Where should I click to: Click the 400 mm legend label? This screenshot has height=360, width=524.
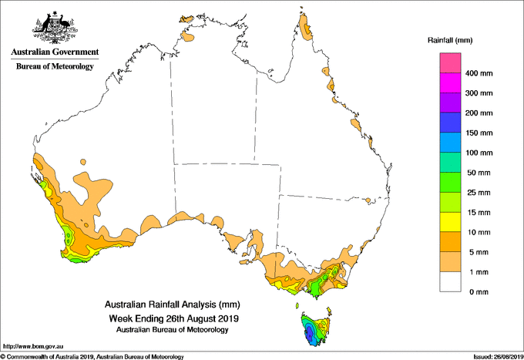tap(479, 73)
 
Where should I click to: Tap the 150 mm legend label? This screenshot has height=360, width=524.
tap(479, 133)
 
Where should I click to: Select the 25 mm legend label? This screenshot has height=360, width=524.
tap(479, 193)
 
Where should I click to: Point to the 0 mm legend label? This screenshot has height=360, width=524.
tap(479, 292)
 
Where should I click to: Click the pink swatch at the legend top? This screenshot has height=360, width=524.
tap(450, 62)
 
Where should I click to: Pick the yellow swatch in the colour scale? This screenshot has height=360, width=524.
tap(450, 222)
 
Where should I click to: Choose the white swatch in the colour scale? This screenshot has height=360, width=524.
tap(450, 282)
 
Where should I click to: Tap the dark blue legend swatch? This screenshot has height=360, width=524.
tap(450, 123)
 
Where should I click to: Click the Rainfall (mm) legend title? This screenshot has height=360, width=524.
tap(450, 40)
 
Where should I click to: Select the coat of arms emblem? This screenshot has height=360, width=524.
tap(55, 27)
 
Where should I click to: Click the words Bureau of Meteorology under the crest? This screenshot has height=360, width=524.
tap(55, 66)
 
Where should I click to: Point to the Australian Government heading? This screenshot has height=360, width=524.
tap(55, 52)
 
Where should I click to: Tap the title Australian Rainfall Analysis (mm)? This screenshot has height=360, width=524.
tap(173, 304)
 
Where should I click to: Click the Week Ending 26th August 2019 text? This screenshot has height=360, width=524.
tap(174, 318)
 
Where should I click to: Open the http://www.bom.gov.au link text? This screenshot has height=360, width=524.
tap(33, 346)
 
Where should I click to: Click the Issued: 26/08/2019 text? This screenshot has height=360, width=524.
tap(499, 357)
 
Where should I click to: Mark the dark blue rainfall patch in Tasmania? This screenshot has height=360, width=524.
tap(310, 332)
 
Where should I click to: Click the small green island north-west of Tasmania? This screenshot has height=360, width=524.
tap(297, 305)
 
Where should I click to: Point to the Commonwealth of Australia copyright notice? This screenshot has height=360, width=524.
tap(92, 357)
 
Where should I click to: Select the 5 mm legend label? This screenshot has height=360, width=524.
tap(479, 252)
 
